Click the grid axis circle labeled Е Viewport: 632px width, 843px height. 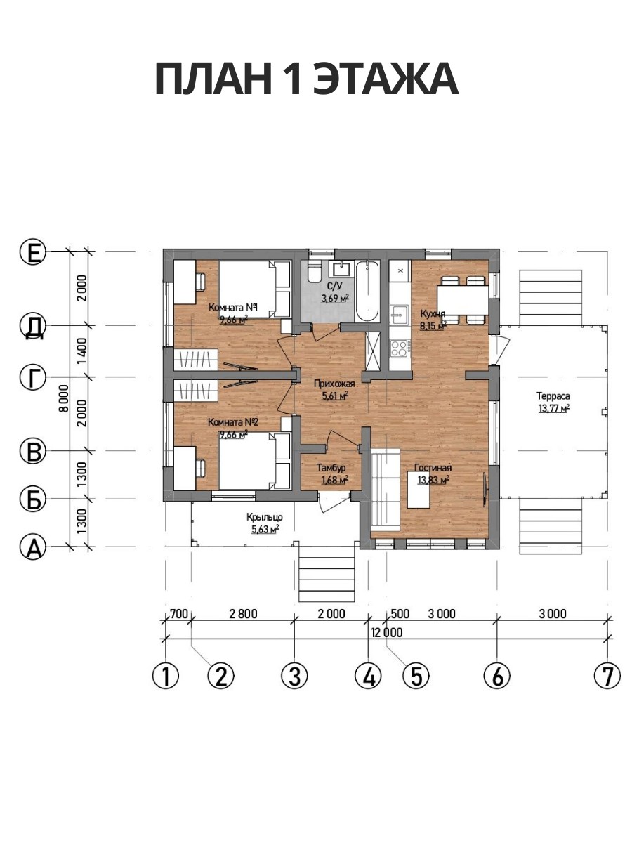(x=33, y=252)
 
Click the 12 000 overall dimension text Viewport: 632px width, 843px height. (x=387, y=632)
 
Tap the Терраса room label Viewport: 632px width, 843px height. (x=553, y=396)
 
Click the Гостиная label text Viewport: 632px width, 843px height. (x=433, y=467)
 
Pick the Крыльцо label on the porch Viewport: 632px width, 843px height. (x=265, y=518)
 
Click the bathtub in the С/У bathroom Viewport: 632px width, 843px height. (x=367, y=292)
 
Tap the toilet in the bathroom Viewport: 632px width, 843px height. (x=315, y=272)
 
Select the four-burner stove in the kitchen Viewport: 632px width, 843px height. (x=399, y=348)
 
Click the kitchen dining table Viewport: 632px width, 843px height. (x=463, y=301)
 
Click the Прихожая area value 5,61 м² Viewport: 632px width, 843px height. (x=336, y=396)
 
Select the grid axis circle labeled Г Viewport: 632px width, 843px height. (x=33, y=377)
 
